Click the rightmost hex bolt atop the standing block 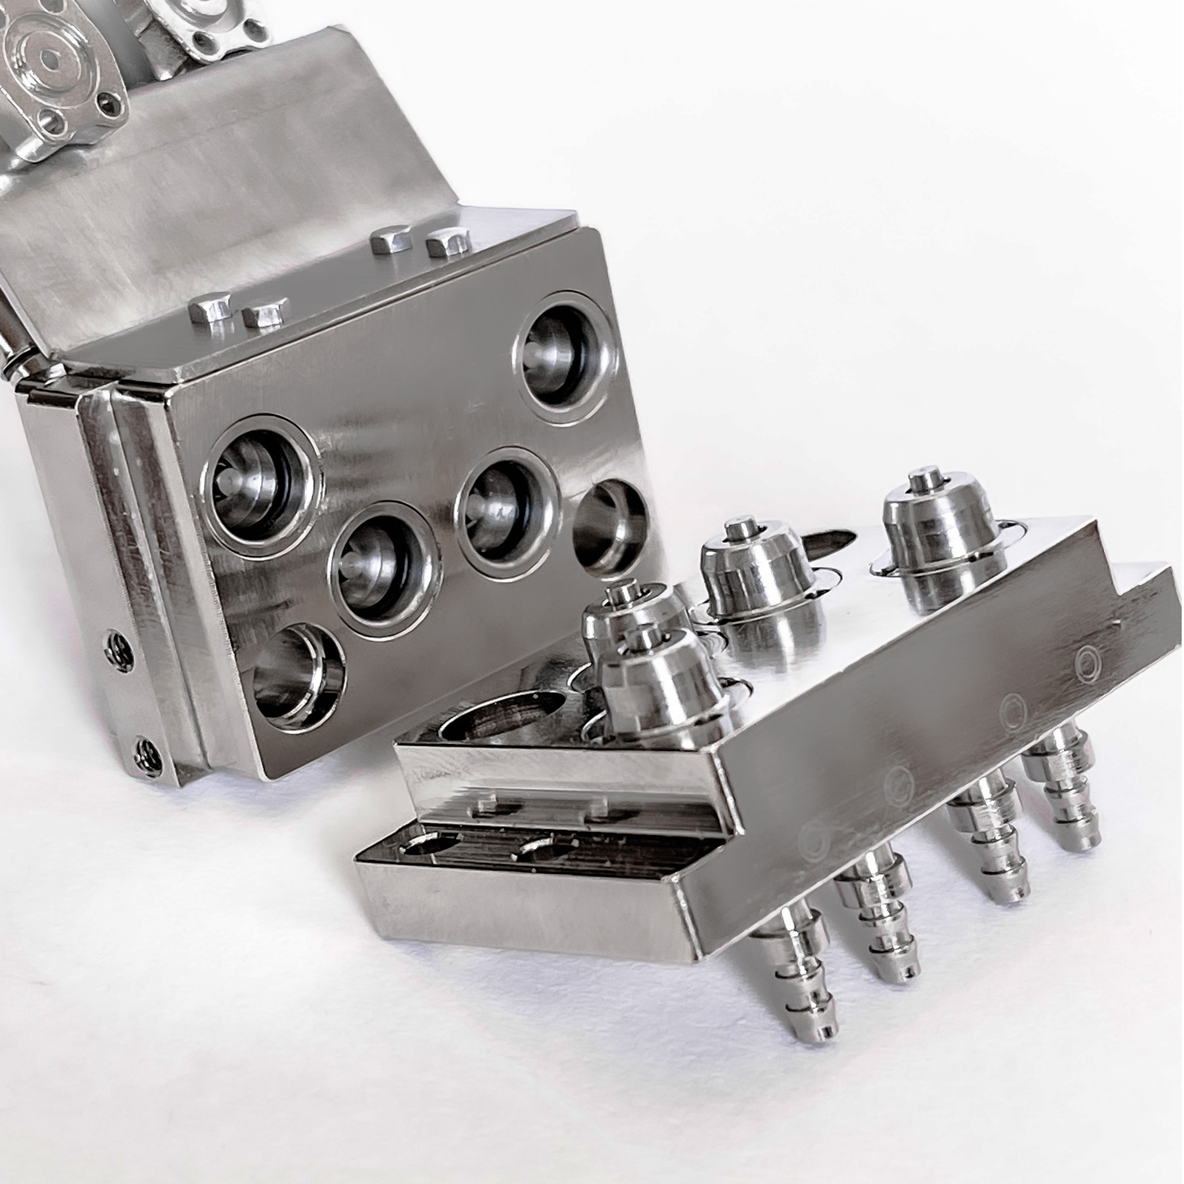447,243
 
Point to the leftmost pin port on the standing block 261,484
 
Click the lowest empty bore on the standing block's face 299,677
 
